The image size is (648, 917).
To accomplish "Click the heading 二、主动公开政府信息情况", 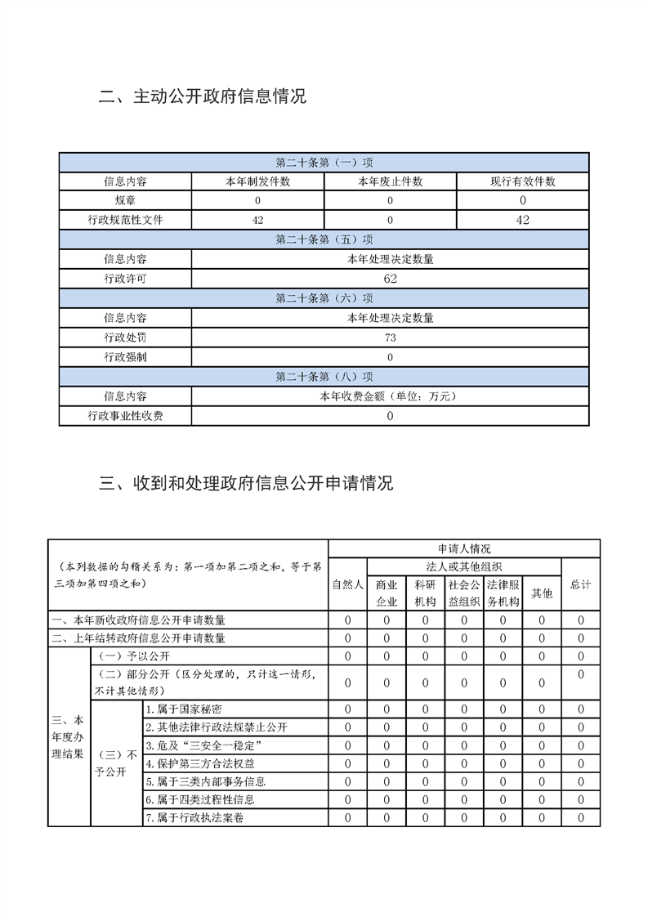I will coord(202,97).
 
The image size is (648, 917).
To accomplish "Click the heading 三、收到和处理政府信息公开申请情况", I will coord(246,483).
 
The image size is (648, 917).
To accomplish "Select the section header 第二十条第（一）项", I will coord(324,163).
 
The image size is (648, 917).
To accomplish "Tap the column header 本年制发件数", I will coord(257,181).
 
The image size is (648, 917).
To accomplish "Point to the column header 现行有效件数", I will coord(522,181).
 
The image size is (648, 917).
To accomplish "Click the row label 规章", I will coord(125,200).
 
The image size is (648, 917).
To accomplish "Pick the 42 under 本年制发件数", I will coord(257,220).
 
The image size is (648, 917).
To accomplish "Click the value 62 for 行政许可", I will coord(390,279).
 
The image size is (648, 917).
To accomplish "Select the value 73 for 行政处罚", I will coord(390,338).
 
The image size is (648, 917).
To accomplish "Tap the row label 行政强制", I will coord(125,357).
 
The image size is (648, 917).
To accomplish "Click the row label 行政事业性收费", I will coord(125,416).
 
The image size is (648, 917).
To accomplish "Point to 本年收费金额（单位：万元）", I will coord(390,396).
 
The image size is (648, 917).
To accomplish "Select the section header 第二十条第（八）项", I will coord(324,377).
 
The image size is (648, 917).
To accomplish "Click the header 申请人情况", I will coord(463,548).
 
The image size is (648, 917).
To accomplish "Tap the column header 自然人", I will coord(347,585).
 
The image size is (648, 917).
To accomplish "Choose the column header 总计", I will coord(580,585).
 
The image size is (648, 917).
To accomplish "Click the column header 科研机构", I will coord(425,593).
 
